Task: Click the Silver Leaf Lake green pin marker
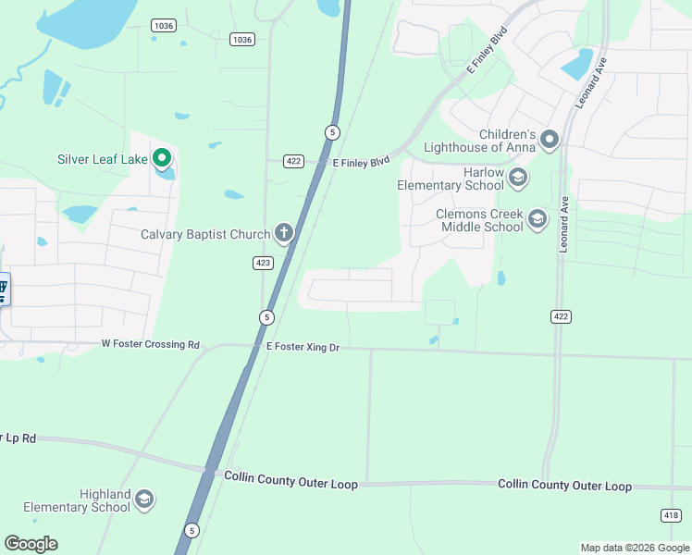point(163,158)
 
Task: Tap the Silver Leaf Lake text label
point(103,159)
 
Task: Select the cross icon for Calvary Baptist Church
point(283,233)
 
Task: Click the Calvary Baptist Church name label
point(204,234)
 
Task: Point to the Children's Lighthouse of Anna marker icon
point(550,140)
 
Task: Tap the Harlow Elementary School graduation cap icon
point(517,177)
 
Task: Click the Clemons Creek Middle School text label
point(479,220)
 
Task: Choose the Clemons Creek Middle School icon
point(538,219)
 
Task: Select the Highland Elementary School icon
point(143,500)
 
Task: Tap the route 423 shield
point(263,263)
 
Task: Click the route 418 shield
point(671,514)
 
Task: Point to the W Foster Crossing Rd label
point(150,345)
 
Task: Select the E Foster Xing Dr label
point(303,346)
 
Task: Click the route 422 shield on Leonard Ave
point(561,316)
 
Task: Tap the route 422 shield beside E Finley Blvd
point(293,161)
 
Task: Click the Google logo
point(31,543)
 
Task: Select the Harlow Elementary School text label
point(451,179)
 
